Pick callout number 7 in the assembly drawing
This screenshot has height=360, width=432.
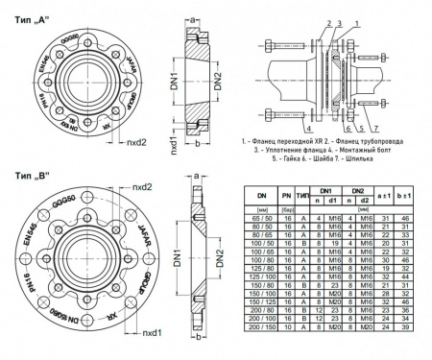tap(373, 127)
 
